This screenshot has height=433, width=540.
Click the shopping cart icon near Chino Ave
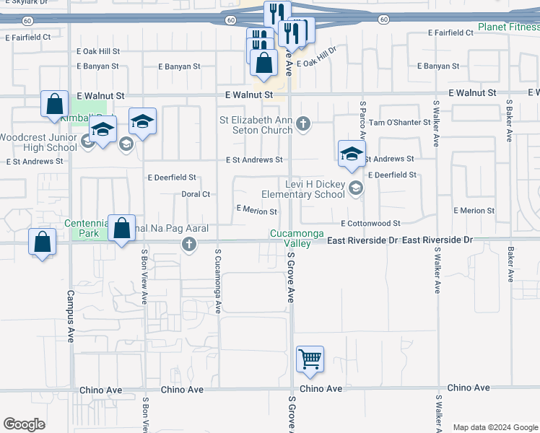click(310, 359)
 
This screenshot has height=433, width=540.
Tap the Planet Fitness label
click(508, 28)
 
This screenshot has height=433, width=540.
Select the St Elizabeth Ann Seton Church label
click(257, 125)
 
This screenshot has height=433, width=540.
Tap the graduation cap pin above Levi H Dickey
click(352, 154)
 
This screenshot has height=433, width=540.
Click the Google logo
click(24, 424)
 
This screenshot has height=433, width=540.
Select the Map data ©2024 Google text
click(495, 427)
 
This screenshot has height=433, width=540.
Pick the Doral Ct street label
click(196, 194)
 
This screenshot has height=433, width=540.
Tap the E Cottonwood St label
click(370, 224)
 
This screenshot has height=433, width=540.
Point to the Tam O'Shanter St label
click(400, 123)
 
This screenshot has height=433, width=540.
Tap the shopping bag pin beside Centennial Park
click(122, 227)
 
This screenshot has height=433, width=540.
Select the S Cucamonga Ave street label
click(217, 281)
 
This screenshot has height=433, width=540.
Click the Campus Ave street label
click(71, 316)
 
